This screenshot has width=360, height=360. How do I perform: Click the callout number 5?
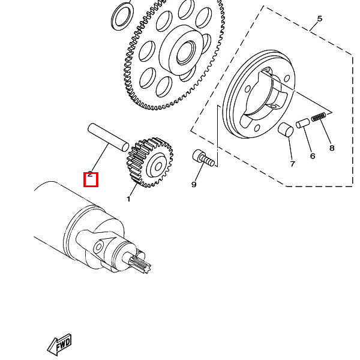click(x=320, y=19)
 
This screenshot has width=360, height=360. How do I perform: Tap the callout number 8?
click(x=332, y=148)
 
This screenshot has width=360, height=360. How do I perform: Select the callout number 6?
click(x=313, y=156)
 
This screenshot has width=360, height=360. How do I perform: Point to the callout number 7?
click(x=292, y=164)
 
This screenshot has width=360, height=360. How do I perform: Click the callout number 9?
click(x=194, y=184)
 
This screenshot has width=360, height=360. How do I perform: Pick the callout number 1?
click(x=128, y=199)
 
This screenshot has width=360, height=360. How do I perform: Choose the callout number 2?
click(x=90, y=174)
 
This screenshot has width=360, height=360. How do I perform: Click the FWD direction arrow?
click(x=59, y=345)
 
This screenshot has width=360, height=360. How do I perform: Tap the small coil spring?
click(x=319, y=117)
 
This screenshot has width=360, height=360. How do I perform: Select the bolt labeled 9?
click(x=203, y=157)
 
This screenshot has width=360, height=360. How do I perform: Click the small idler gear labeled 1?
click(x=149, y=163)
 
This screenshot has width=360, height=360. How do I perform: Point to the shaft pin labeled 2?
click(x=108, y=137)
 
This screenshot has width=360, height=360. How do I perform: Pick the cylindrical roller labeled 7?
click(x=286, y=130)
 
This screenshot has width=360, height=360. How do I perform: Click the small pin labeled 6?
click(x=302, y=123)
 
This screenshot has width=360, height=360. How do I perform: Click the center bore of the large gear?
click(x=185, y=53)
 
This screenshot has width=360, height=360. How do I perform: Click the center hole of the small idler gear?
click(x=158, y=167)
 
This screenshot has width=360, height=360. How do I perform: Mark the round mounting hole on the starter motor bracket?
click(x=99, y=247)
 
